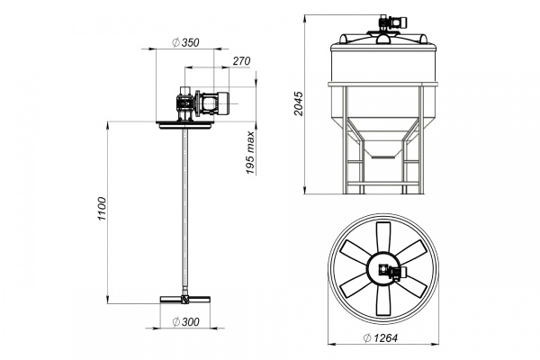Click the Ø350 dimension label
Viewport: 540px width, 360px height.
185,42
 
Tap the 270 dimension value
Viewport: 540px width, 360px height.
241,61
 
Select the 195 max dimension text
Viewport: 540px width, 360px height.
250,153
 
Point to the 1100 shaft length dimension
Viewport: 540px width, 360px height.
102,209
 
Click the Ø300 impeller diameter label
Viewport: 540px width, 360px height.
185,322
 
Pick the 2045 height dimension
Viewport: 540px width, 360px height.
298,103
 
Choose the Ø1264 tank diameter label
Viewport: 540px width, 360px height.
380,338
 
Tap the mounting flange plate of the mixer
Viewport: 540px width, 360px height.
184,125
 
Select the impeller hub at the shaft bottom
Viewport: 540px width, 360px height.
185,299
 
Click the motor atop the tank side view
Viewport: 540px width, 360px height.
391,22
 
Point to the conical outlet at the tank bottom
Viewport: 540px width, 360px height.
383,148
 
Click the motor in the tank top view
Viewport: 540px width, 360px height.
391,273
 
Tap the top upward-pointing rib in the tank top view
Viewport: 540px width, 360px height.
383,238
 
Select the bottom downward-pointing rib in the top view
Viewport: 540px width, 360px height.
383,300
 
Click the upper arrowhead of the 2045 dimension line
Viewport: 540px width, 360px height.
305,18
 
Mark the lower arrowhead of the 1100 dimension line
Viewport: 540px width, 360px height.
108,300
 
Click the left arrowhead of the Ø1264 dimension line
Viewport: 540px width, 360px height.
331,344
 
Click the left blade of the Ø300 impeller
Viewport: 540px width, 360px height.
171,299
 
